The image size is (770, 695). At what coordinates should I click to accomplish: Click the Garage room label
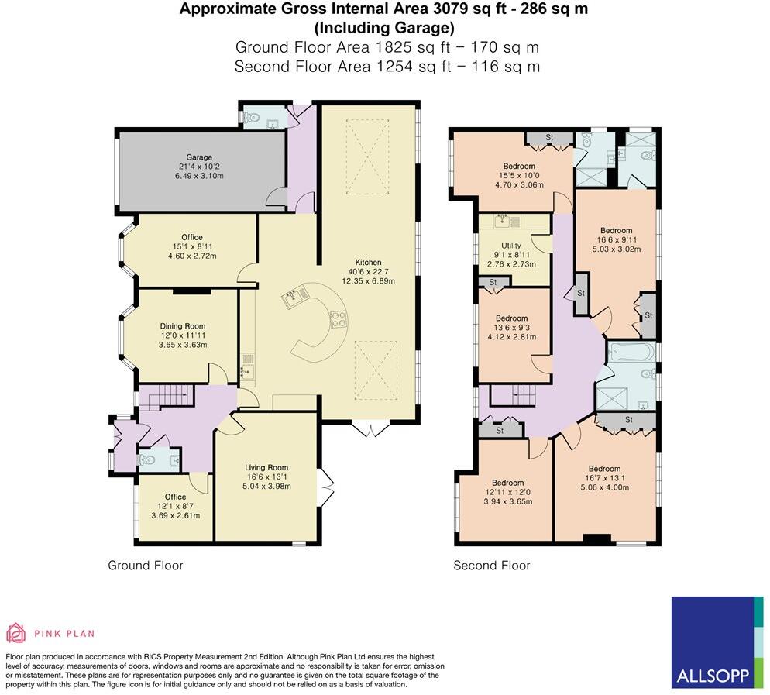click(199, 157)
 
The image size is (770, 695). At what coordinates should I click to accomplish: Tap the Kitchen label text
click(368, 263)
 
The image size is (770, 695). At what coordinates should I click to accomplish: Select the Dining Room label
click(183, 326)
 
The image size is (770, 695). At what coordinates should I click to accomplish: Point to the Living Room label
click(266, 467)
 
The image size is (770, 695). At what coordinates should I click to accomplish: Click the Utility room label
click(511, 246)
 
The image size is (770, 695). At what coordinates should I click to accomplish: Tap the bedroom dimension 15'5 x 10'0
click(519, 175)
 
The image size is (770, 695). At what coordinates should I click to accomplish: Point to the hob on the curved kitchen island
click(339, 319)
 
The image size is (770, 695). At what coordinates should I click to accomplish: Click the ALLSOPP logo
click(717, 642)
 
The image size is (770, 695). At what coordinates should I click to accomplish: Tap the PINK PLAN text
click(64, 634)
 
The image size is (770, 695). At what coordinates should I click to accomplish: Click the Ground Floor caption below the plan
click(146, 566)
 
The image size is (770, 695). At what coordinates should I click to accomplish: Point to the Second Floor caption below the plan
click(492, 566)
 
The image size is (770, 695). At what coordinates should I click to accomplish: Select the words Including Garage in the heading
click(384, 28)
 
